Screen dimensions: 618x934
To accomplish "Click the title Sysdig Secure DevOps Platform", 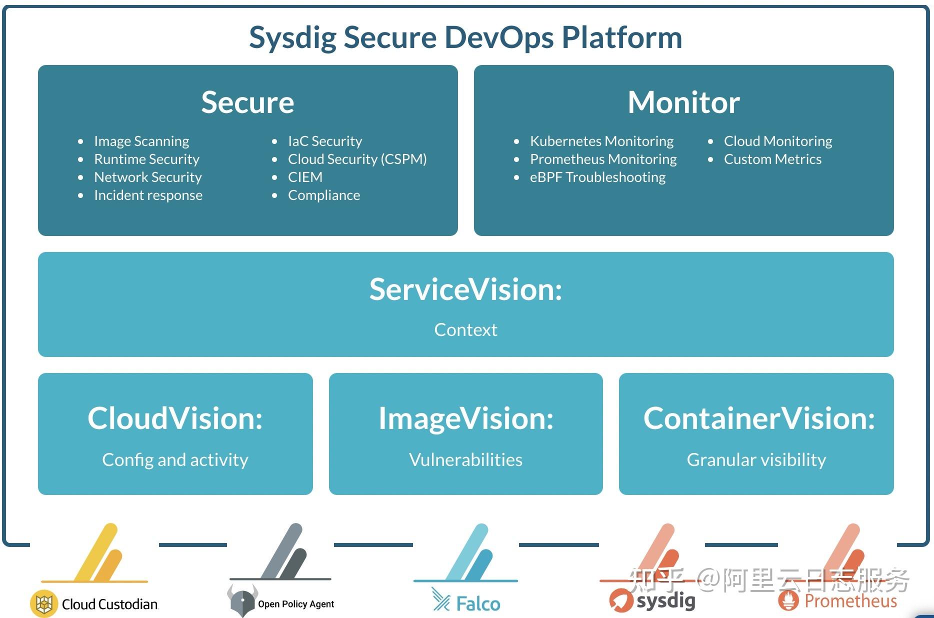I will [465, 37].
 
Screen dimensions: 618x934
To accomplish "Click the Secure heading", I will [247, 102].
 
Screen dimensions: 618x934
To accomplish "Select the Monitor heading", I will [683, 102].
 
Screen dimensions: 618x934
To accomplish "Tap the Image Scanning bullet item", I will [141, 141].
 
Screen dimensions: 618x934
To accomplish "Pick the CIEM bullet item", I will [305, 177].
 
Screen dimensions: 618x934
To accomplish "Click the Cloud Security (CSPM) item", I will [357, 159].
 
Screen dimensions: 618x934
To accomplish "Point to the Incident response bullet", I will [148, 195].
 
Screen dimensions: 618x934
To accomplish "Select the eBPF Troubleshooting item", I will [597, 177].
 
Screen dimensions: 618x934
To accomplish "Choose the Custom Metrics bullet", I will [772, 159].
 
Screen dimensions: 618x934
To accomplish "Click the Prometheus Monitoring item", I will [603, 159].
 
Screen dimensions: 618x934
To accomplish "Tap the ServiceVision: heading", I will [465, 289].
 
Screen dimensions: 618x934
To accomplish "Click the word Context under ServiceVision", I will [465, 330].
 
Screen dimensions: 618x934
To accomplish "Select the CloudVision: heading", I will [175, 418].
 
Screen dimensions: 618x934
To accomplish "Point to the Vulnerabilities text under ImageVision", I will [465, 459].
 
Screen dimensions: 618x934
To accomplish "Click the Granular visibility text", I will [756, 459].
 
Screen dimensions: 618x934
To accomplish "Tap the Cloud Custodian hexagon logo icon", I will [44, 604].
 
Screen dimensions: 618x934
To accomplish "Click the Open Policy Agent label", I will [295, 604].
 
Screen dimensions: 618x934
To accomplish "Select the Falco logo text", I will [477, 604].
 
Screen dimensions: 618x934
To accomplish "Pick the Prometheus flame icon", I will [788, 600].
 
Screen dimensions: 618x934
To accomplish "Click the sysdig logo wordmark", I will [665, 600].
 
